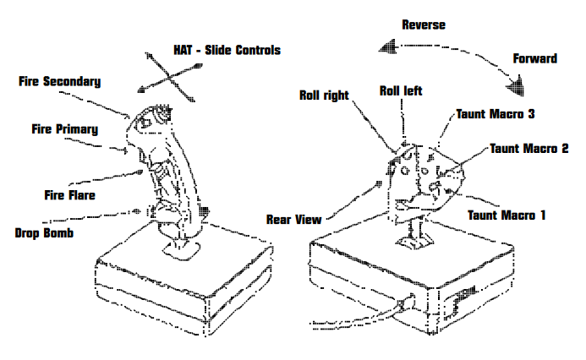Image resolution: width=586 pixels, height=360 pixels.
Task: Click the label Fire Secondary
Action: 60,82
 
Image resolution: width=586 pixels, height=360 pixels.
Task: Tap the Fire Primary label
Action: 64,129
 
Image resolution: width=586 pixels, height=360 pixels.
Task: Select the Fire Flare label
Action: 69,194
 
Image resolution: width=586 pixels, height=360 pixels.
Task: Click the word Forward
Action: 534,58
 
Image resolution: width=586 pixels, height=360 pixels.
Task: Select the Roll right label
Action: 324,95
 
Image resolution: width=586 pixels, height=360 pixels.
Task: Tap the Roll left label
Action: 400,90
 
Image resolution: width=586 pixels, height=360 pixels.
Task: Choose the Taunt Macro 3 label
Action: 496,112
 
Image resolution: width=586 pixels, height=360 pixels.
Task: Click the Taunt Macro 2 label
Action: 528,149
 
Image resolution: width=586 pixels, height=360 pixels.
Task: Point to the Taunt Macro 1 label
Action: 507,215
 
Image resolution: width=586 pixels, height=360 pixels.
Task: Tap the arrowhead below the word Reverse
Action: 389,48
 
